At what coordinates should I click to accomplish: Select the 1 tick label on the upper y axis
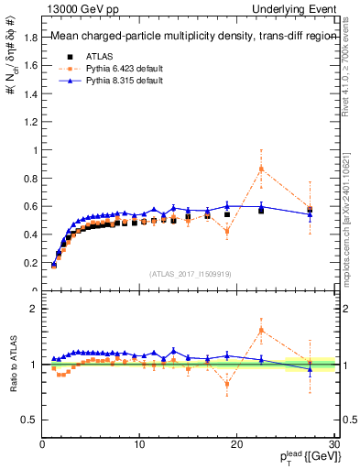[x=35, y=150]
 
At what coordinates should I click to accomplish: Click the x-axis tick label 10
[x=139, y=445]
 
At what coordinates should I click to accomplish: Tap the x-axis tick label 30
[x=333, y=445]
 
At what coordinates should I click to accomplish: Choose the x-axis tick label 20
[x=236, y=445]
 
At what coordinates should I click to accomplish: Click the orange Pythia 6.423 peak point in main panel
[x=261, y=169]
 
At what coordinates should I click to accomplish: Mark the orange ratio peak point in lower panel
[x=261, y=330]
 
